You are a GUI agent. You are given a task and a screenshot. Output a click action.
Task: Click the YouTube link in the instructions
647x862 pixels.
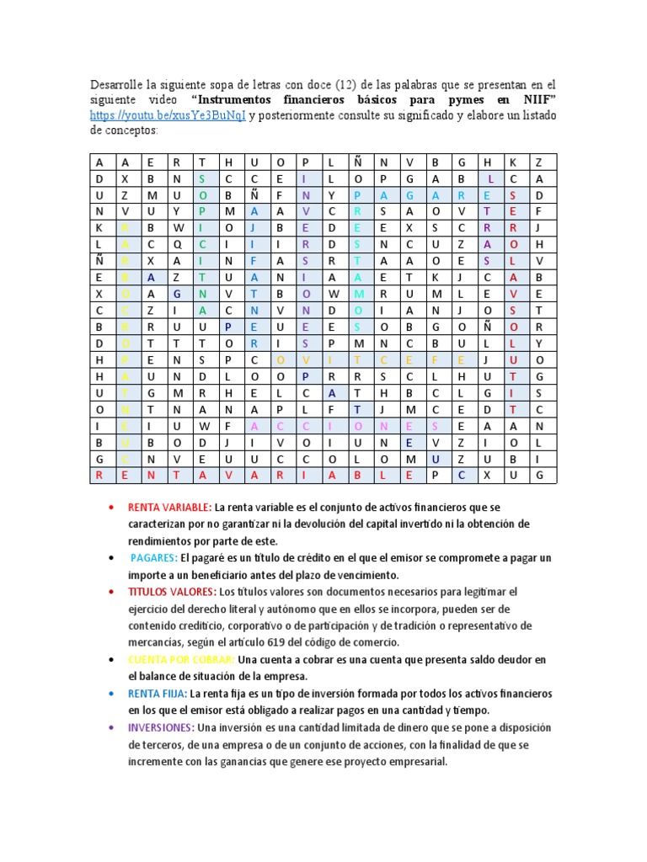tap(168, 116)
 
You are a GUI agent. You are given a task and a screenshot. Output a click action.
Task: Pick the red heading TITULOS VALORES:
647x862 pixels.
tap(172, 592)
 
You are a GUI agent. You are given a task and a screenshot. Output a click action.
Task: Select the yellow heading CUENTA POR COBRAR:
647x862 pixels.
tap(180, 659)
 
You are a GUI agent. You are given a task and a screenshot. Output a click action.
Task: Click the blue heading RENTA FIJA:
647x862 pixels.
tap(157, 694)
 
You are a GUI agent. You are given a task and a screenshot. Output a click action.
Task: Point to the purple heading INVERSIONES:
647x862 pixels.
tap(160, 727)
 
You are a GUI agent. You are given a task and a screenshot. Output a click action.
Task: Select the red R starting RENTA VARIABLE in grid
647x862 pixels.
tap(99, 476)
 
